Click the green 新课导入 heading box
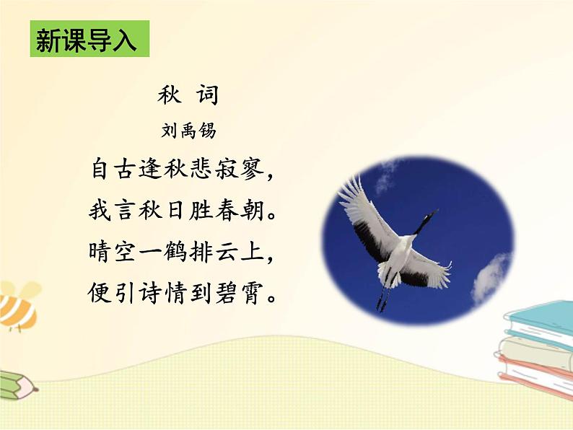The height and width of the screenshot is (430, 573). tap(89, 40)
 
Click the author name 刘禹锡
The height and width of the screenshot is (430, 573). tap(188, 131)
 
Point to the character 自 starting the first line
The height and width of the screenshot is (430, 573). tap(103, 170)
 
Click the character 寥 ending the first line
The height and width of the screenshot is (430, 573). tap(259, 170)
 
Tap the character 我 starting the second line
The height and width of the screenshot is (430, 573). tap(103, 212)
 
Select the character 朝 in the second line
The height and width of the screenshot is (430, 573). tap(259, 212)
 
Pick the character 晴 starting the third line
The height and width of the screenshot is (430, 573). tap(103, 253)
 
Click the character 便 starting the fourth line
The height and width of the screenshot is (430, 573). tap(103, 295)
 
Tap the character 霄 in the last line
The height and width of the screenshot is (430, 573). tap(259, 295)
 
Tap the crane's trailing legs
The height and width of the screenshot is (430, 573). tap(382, 297)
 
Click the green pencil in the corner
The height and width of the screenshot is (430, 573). tap(16, 385)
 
